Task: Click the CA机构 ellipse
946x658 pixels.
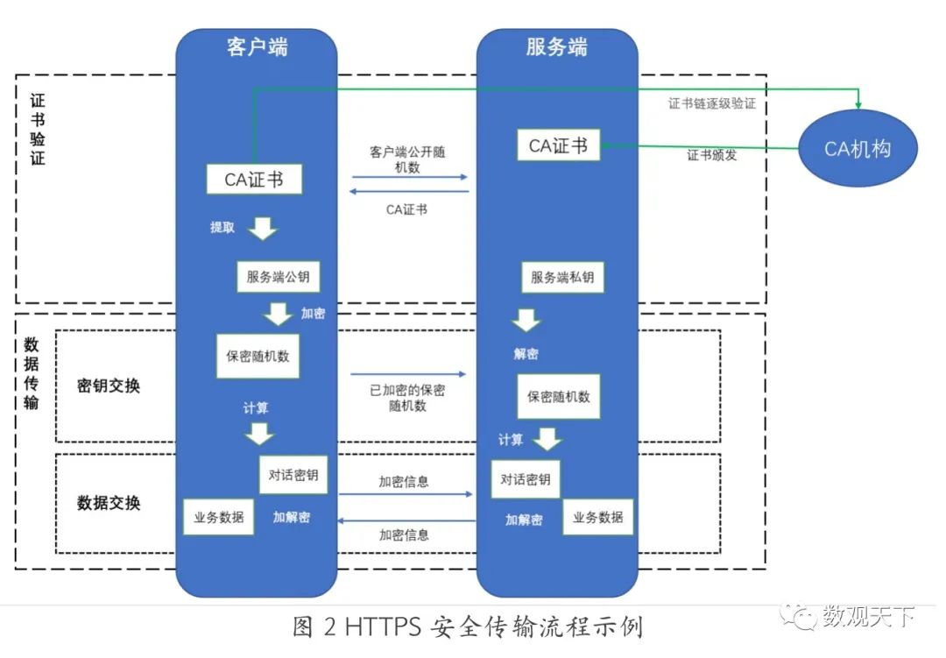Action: click(x=858, y=149)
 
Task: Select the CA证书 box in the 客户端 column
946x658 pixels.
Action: click(x=254, y=179)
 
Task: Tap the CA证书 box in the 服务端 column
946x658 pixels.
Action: click(x=558, y=145)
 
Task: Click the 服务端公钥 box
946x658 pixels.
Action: click(x=278, y=277)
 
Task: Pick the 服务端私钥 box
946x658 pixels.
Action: click(x=562, y=278)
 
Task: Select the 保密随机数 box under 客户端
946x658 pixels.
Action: click(x=258, y=356)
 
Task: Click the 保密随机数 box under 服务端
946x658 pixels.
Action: click(x=559, y=397)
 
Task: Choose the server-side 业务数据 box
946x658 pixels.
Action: click(x=597, y=517)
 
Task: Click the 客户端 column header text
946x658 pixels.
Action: click(x=257, y=48)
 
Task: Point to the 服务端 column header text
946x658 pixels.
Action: click(x=556, y=48)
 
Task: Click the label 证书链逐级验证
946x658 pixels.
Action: click(x=712, y=103)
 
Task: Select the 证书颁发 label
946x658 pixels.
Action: click(x=712, y=156)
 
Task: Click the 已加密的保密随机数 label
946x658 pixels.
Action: click(x=407, y=397)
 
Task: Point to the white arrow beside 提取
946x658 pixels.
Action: click(x=261, y=229)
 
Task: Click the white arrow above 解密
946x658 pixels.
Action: click(x=526, y=320)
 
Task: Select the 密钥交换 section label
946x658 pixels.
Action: click(x=109, y=386)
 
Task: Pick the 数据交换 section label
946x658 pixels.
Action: click(x=109, y=503)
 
